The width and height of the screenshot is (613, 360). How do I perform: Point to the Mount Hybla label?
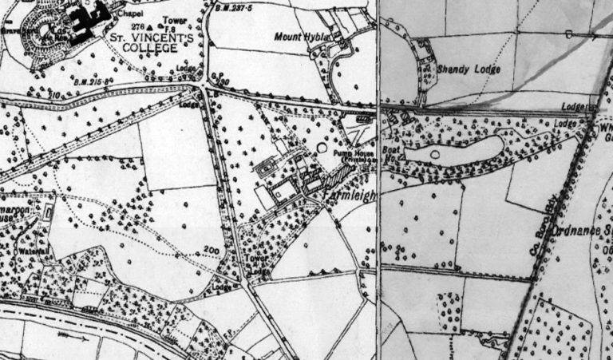pos(301,37)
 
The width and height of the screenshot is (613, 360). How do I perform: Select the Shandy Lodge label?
pos(469,69)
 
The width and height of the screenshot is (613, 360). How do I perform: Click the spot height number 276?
pos(132,27)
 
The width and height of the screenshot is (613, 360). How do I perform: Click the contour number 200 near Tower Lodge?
pos(211,251)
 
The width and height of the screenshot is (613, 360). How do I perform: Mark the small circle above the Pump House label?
pos(322,147)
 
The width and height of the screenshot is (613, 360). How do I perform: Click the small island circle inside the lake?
pos(435,152)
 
